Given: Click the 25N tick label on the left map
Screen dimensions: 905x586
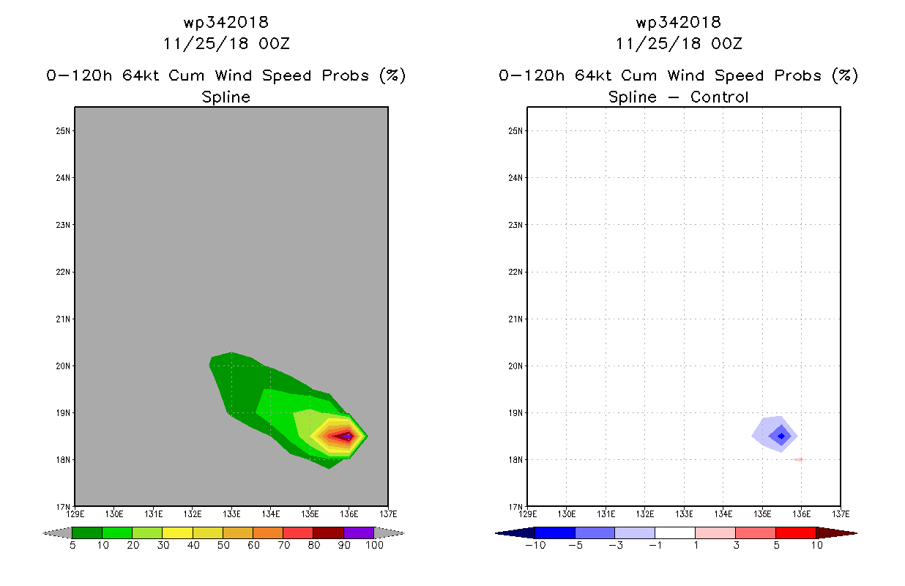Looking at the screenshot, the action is [x=63, y=131].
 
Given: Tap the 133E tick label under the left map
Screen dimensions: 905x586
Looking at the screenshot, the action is [x=231, y=514].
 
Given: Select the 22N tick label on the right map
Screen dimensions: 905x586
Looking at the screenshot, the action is [x=515, y=272].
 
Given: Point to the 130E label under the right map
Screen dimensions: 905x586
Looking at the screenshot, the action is [x=567, y=514].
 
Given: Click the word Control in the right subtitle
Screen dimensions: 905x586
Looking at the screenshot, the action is [x=719, y=97].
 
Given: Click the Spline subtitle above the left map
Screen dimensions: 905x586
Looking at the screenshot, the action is [x=226, y=97].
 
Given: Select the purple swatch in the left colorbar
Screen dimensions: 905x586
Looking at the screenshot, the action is [x=359, y=533].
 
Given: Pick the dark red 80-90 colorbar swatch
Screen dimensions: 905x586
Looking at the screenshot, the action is [x=329, y=533].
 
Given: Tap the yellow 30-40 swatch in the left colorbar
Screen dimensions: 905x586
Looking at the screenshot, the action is [x=177, y=533].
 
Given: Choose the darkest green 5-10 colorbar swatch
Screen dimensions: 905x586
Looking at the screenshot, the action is [x=87, y=533].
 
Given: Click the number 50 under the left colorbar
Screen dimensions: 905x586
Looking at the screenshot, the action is [x=223, y=545].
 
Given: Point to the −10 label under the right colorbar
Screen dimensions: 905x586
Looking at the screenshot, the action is [x=535, y=545].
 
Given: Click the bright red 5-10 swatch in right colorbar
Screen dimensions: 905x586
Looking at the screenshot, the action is [x=796, y=533].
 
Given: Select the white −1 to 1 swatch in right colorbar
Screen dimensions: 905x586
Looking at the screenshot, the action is [x=675, y=533].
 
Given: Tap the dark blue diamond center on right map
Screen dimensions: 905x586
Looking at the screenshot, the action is [x=781, y=436].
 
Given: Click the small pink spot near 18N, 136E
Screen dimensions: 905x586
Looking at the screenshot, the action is [x=798, y=459].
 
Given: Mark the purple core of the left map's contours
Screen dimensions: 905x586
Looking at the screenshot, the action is [x=346, y=436].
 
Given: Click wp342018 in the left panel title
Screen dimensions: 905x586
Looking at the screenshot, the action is [x=226, y=23].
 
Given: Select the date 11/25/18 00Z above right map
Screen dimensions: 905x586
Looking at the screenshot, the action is [x=679, y=44].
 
